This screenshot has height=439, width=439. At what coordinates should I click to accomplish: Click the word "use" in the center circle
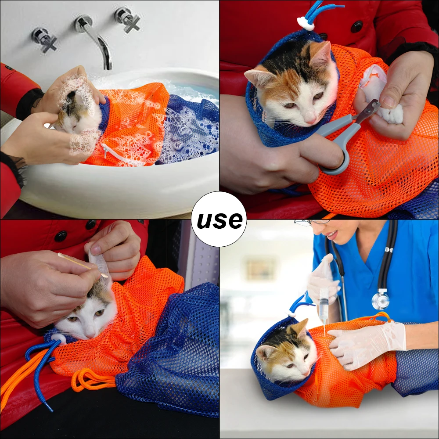[219, 220]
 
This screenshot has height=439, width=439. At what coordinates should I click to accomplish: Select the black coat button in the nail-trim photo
[356, 27]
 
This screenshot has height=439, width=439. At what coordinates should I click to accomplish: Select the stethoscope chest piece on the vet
[381, 299]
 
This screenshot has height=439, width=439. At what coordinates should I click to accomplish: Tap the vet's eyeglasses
[311, 223]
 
